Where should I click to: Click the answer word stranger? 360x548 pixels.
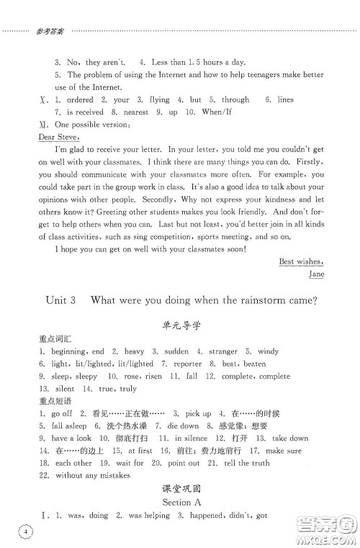click(x=223, y=351)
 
